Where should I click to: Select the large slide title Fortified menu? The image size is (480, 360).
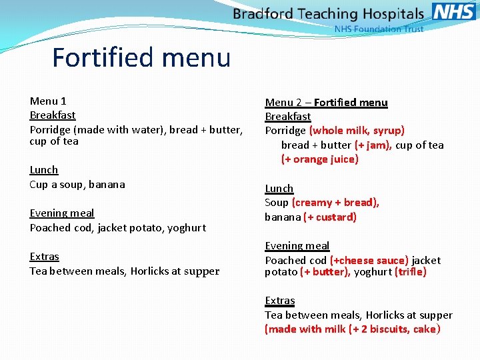[x=141, y=57]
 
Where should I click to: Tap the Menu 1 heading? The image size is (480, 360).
[x=48, y=101]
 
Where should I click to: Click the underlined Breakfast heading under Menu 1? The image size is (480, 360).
[x=53, y=115]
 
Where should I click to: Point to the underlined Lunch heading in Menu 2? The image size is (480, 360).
[x=279, y=189]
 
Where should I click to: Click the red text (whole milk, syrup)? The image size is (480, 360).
[x=357, y=131]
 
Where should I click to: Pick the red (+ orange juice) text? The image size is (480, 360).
[x=320, y=159]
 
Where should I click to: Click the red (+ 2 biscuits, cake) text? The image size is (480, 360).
[x=395, y=329]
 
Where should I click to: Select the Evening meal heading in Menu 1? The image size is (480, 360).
[x=62, y=213]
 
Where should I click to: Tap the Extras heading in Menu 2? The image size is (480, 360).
[x=280, y=301]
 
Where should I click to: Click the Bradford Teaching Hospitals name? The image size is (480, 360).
[x=328, y=14]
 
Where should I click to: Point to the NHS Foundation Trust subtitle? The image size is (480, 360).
[x=378, y=29]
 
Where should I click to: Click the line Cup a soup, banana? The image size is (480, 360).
[x=77, y=185]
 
